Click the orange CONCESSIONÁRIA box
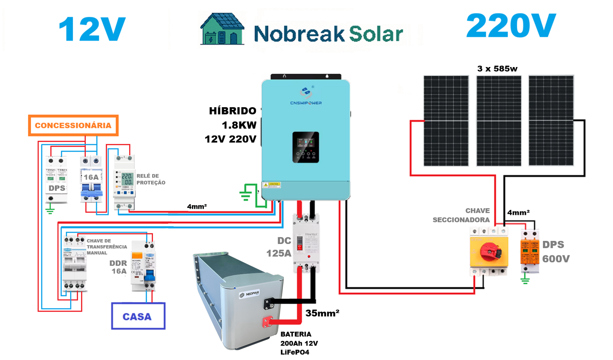73,125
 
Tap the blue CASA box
138,316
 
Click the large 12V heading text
92,29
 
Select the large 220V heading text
511,26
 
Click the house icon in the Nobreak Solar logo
222,29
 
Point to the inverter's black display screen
306,147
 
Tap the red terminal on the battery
267,322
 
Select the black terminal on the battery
269,303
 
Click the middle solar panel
498,121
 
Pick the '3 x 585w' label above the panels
497,69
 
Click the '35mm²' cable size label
322,313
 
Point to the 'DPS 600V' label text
556,252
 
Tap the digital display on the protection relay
127,179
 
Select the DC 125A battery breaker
306,243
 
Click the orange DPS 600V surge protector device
529,251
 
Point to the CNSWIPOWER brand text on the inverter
306,103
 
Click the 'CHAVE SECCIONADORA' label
461,215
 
